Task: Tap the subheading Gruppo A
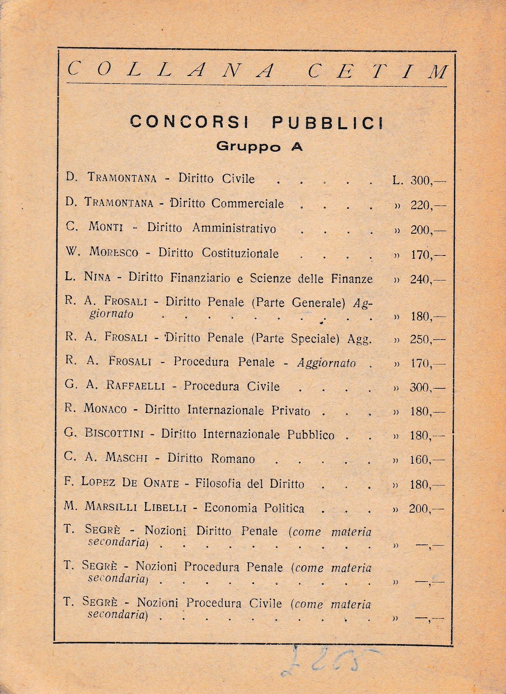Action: pos(260,146)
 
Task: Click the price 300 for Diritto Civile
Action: pos(421,180)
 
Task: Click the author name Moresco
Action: pos(114,253)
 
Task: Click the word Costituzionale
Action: pos(240,253)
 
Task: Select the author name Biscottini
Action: pos(114,434)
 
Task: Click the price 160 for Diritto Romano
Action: pos(420,459)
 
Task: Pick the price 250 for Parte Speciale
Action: pos(420,339)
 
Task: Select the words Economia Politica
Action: pos(254,508)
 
